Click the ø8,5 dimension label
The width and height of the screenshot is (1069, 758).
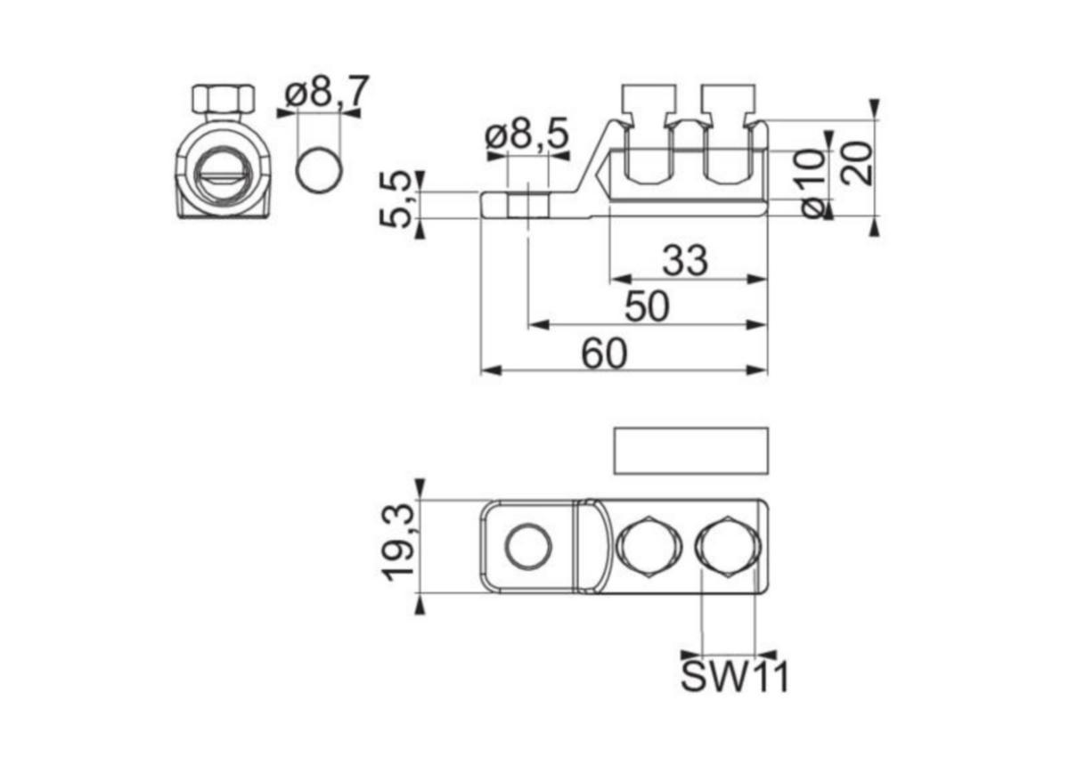point(526,133)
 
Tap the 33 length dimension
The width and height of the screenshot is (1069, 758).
point(685,260)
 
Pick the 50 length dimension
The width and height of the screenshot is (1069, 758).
point(647,306)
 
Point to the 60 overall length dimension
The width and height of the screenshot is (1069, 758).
point(604,354)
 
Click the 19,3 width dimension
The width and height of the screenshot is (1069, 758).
point(398,542)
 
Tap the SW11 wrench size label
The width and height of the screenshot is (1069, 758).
point(734,676)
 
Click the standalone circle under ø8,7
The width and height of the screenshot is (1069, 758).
point(319,170)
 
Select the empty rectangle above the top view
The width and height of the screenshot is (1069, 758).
point(691,451)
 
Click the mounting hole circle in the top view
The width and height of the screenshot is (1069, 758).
point(528,546)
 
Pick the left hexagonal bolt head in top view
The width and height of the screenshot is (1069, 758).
point(649,547)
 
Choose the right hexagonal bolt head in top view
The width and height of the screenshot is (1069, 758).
point(728,547)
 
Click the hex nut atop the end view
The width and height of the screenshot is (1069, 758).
point(224,99)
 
